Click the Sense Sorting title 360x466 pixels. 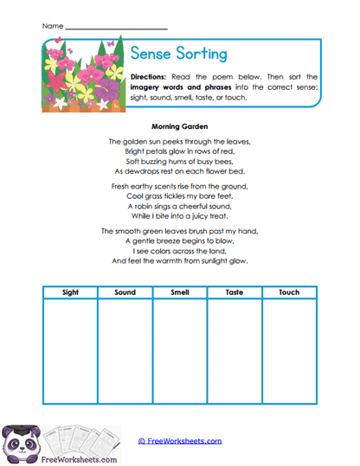[x=180, y=54]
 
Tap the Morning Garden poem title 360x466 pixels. [x=180, y=124]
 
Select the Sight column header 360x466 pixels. [x=70, y=292]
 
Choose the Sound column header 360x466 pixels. [x=125, y=292]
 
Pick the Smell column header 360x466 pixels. [x=179, y=292]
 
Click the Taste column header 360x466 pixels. [x=234, y=292]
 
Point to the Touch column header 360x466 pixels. [x=289, y=292]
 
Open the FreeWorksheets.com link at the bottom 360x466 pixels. [x=180, y=441]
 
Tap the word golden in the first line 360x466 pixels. [x=138, y=141]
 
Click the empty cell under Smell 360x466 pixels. [x=179, y=350]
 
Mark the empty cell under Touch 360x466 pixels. [x=289, y=350]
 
